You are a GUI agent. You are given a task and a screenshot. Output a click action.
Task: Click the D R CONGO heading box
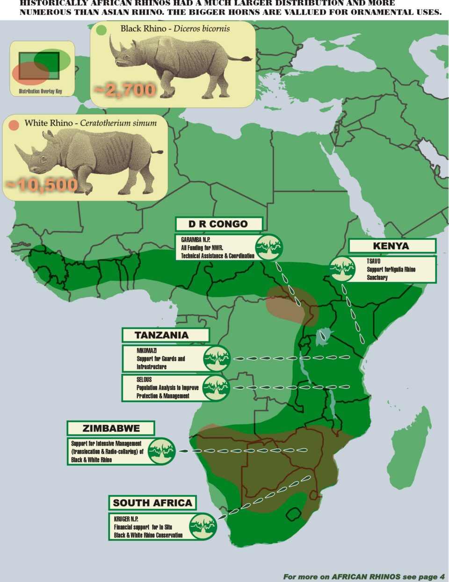point(218,224)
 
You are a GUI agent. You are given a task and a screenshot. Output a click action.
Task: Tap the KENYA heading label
point(391,246)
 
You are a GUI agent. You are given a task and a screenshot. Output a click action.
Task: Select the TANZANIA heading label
point(162,335)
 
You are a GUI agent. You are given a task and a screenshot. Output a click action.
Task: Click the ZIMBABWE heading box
point(111,428)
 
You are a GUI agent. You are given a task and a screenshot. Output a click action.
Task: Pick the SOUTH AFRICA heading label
point(152,503)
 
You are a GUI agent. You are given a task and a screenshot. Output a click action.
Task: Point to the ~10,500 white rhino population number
point(41,185)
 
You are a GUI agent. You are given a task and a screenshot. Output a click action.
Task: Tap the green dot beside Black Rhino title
point(101,30)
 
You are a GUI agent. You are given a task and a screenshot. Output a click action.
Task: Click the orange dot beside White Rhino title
point(14,125)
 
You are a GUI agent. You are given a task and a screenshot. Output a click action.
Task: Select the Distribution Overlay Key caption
point(41,91)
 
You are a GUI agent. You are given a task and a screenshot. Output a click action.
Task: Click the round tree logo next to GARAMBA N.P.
point(269,247)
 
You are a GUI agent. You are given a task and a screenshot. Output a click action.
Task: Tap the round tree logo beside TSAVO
point(342,269)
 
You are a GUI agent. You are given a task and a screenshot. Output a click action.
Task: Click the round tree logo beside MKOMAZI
point(217,359)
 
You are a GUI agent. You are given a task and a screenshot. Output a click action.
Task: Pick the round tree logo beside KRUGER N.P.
point(203,526)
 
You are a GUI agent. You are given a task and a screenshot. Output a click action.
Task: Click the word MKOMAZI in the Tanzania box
point(146,351)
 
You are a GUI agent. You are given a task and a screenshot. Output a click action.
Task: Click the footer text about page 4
point(363,576)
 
